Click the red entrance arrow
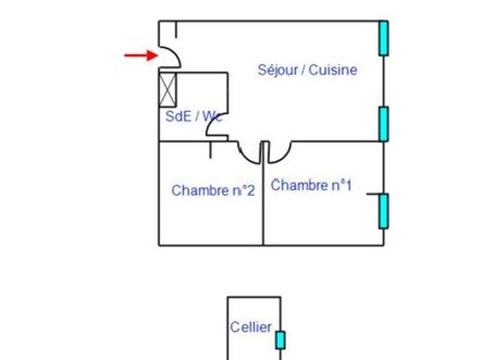click(x=141, y=56)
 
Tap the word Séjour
click(x=277, y=70)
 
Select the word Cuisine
click(x=333, y=70)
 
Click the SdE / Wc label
click(x=193, y=116)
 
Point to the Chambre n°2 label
click(x=213, y=190)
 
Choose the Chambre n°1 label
click(x=311, y=185)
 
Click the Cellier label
click(x=251, y=327)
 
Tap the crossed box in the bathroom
click(x=168, y=89)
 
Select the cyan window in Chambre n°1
click(x=383, y=211)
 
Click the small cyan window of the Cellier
click(x=280, y=340)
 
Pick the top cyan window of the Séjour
click(x=383, y=38)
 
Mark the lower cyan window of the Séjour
click(x=383, y=124)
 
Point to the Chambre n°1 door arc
click(x=284, y=156)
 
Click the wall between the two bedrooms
click(x=263, y=193)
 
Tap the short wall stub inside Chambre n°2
click(x=210, y=150)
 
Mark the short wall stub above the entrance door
click(x=176, y=29)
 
